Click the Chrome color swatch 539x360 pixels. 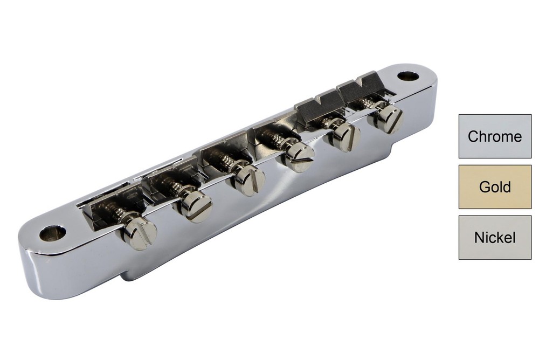[495, 136]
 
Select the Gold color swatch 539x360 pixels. [495, 187]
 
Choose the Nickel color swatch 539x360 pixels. [495, 238]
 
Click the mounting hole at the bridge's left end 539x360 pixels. [52, 233]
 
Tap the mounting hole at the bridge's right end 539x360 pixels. [408, 76]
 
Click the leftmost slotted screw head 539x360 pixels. [140, 233]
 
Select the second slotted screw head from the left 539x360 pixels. [195, 205]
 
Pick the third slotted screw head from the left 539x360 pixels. [248, 181]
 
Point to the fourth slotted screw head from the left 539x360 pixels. [298, 157]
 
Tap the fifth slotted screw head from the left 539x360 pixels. [344, 137]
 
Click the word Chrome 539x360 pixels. [495, 136]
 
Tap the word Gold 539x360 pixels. [495, 188]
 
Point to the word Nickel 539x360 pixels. [495, 238]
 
